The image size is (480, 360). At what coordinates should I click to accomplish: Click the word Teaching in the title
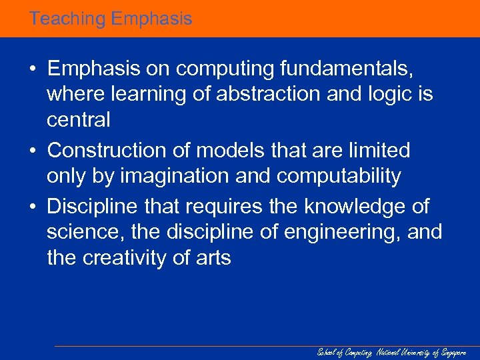click(67, 19)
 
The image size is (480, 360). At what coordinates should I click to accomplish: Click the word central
click(78, 121)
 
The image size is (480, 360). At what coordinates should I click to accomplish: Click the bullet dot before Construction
click(33, 151)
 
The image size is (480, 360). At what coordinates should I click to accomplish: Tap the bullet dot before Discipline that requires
click(33, 207)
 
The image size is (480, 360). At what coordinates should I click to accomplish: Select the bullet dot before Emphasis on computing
click(33, 69)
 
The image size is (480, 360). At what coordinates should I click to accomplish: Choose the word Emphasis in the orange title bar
click(151, 19)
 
